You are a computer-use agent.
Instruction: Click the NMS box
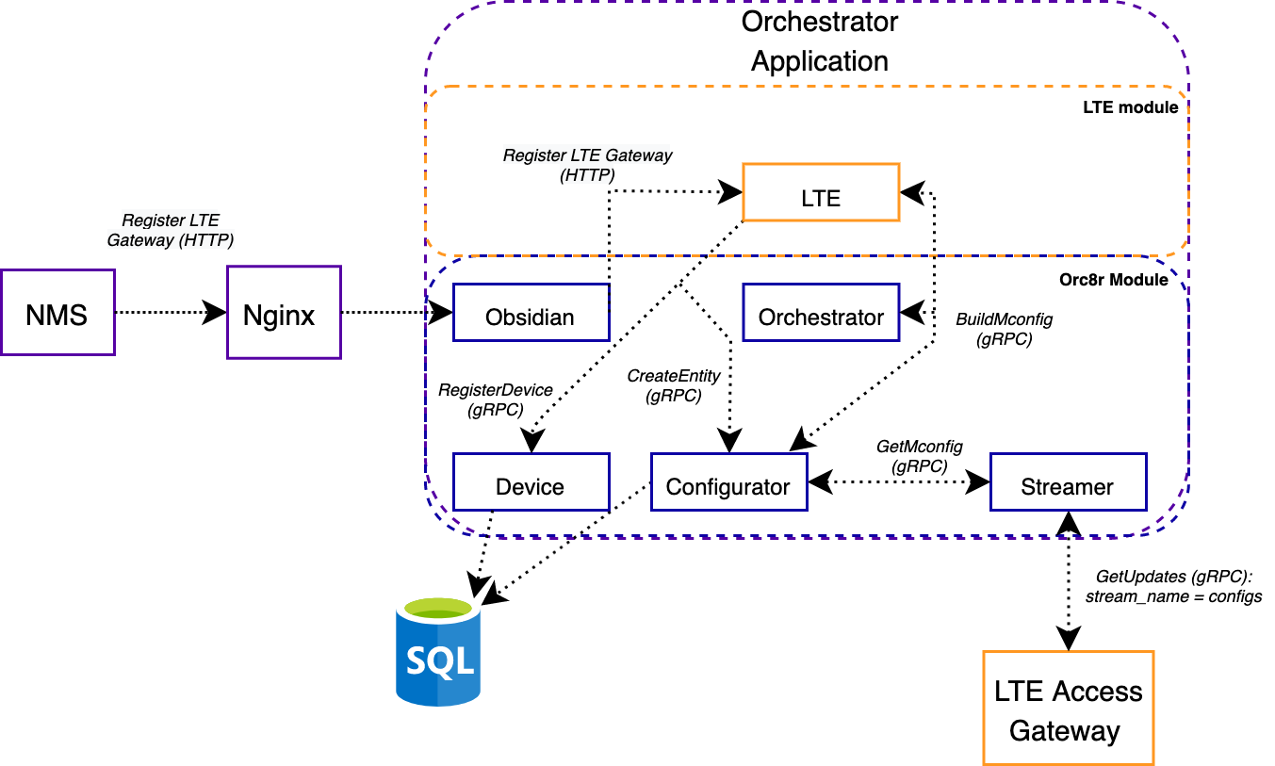pos(57,312)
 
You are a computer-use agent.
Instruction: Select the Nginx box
pos(284,312)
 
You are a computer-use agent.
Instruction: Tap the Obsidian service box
pos(530,313)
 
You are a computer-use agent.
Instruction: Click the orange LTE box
pos(821,193)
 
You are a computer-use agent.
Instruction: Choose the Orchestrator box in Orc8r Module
pos(821,313)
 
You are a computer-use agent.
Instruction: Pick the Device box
pos(530,482)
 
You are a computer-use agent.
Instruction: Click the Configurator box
pos(728,482)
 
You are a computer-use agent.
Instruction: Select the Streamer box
pos(1067,482)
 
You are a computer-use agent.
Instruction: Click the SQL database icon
pos(438,654)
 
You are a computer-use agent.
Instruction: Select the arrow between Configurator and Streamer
pos(899,482)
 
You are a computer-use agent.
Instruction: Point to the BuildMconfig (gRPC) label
pos(1004,330)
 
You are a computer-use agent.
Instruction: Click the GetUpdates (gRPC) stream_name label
pos(1173,586)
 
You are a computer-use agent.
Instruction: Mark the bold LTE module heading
pos(1130,107)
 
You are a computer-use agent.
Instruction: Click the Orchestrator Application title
pos(820,41)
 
